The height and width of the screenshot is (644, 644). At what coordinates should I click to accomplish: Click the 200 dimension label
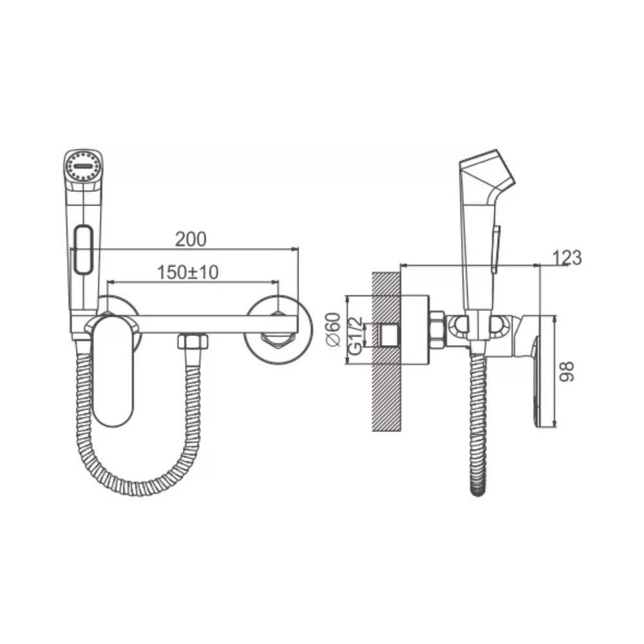coord(191,240)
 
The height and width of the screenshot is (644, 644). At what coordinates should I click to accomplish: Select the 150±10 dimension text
coord(188,272)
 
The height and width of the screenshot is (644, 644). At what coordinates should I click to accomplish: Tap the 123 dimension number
coord(567,258)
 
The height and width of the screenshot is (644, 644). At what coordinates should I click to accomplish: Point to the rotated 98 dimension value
coord(567,372)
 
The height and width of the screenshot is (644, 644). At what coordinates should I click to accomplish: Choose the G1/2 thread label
coord(355,336)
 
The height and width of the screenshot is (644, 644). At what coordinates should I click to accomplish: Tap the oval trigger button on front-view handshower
coord(84,249)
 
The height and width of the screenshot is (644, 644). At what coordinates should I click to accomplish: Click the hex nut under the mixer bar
coord(193,342)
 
